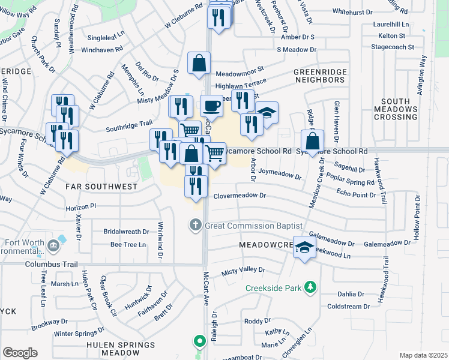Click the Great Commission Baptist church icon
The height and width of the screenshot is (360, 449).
(x=195, y=226)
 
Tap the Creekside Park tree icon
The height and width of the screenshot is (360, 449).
(x=310, y=288)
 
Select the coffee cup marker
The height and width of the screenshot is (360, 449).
(x=211, y=106)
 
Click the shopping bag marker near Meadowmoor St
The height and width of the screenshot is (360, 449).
(x=199, y=62)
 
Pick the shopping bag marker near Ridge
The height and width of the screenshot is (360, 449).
(x=313, y=142)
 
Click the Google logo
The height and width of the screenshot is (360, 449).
(x=20, y=353)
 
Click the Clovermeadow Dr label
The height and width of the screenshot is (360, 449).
(x=239, y=196)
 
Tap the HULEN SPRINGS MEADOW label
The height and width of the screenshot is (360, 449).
(x=121, y=349)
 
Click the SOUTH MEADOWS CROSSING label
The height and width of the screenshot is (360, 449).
(x=395, y=109)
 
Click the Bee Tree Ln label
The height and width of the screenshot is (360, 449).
(x=128, y=245)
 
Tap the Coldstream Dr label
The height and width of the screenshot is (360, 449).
(x=349, y=306)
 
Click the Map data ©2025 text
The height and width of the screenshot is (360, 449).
(x=423, y=355)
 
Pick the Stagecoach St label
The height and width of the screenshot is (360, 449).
(x=393, y=46)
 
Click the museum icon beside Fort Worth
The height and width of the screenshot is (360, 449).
(x=53, y=245)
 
